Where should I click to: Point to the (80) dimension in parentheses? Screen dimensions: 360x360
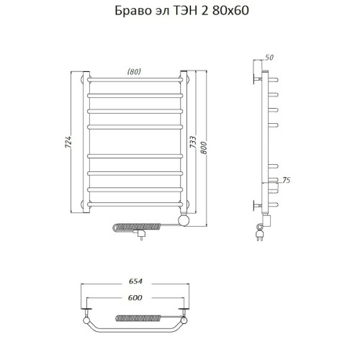coord(134,71)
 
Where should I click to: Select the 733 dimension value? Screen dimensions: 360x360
coord(193,143)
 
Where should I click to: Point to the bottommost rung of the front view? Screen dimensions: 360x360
coord(135,204)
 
